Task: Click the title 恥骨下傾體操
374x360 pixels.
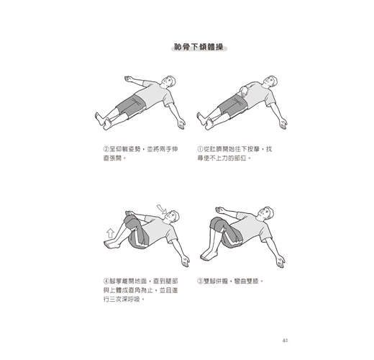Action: pos(199,47)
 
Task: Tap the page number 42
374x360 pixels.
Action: pos(285,341)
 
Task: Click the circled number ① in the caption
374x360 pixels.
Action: pos(200,149)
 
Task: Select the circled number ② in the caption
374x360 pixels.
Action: pos(106,149)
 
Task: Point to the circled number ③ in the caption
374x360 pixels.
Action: pos(200,281)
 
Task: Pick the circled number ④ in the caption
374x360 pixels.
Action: pos(106,281)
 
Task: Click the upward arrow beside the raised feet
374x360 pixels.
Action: pos(110,233)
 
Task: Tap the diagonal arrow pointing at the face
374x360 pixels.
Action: pos(162,209)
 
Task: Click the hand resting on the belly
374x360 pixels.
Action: pos(244,91)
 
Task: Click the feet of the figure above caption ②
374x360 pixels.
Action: pos(103,121)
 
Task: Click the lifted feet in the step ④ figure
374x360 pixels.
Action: pos(112,244)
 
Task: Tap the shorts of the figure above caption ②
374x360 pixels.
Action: pos(132,106)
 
